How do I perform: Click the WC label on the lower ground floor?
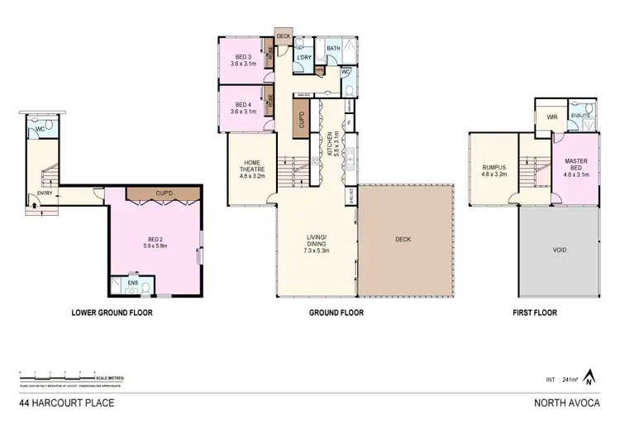(x=38, y=129)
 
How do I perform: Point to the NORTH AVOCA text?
(x=570, y=403)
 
